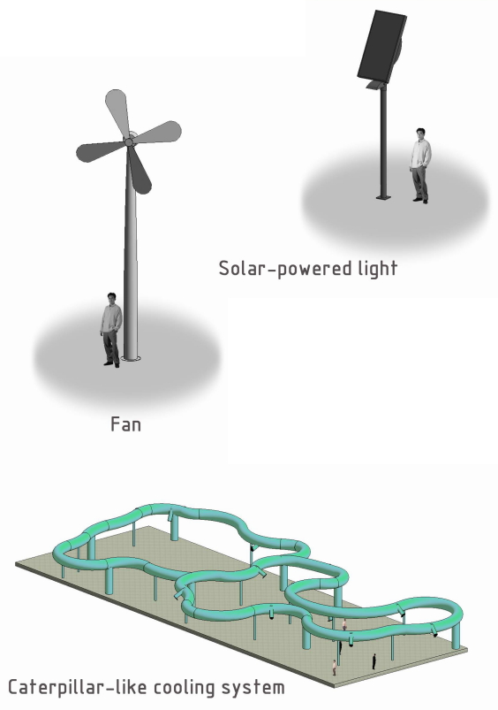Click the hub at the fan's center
pos(129,142)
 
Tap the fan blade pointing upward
pos(117,111)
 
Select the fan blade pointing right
pos(157,134)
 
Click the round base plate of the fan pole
pos(131,359)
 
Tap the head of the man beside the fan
pos(111,298)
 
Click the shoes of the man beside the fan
pos(112,364)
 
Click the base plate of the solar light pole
pos(383,197)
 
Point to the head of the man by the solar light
pos(420,134)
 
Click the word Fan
pos(125,424)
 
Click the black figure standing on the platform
pos(373,661)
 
